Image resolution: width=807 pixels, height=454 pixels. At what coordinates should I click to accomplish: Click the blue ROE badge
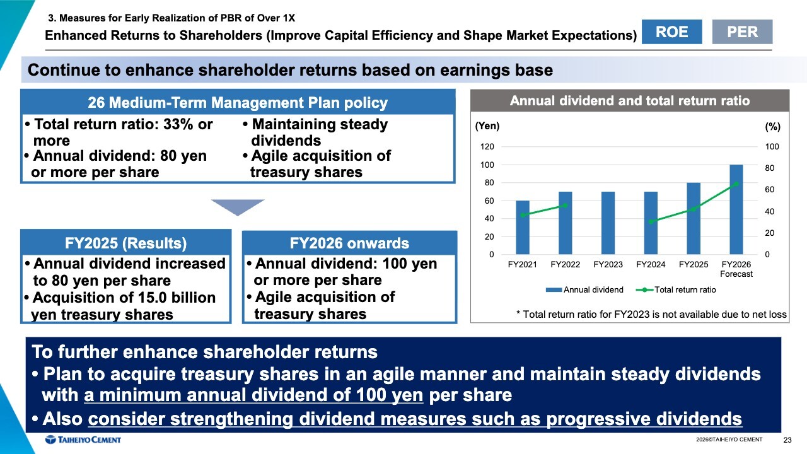pyautogui.click(x=671, y=32)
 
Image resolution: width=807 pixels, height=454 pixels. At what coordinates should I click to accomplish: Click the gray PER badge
pyautogui.click(x=742, y=32)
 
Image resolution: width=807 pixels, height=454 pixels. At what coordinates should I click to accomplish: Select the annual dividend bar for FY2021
pyautogui.click(x=523, y=228)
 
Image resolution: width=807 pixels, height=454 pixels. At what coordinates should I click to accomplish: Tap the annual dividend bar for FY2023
pyautogui.click(x=608, y=223)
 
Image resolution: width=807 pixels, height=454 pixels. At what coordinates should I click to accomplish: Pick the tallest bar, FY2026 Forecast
pyautogui.click(x=736, y=209)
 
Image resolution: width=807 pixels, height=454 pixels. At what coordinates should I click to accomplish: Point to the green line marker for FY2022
pyautogui.click(x=565, y=206)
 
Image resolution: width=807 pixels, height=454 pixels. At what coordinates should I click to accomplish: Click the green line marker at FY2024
pyautogui.click(x=651, y=221)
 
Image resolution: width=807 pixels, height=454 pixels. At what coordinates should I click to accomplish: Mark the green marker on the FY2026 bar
pyautogui.click(x=736, y=184)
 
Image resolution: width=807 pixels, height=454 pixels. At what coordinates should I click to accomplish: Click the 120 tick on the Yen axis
pyautogui.click(x=487, y=147)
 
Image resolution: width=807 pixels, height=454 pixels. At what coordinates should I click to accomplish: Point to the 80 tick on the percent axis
pyautogui.click(x=769, y=168)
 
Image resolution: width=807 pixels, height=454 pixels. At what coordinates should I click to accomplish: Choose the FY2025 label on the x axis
pyautogui.click(x=693, y=264)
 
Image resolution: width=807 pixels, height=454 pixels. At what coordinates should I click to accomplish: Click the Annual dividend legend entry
pyautogui.click(x=584, y=289)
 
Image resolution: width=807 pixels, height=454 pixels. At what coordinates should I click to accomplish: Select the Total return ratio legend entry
pyautogui.click(x=676, y=289)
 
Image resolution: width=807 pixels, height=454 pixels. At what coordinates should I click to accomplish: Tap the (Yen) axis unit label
pyautogui.click(x=487, y=126)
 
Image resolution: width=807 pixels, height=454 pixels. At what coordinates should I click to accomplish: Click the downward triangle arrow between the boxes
pyautogui.click(x=238, y=206)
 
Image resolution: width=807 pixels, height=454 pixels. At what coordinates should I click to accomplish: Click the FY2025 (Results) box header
pyautogui.click(x=125, y=243)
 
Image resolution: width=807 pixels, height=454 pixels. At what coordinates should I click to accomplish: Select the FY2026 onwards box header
pyautogui.click(x=349, y=243)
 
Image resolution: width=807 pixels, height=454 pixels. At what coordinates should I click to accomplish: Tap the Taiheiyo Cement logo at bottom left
pyautogui.click(x=83, y=439)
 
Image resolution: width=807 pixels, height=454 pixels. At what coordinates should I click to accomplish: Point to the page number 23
pyautogui.click(x=787, y=440)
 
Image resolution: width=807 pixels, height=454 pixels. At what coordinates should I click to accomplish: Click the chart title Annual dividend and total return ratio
pyautogui.click(x=630, y=100)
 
